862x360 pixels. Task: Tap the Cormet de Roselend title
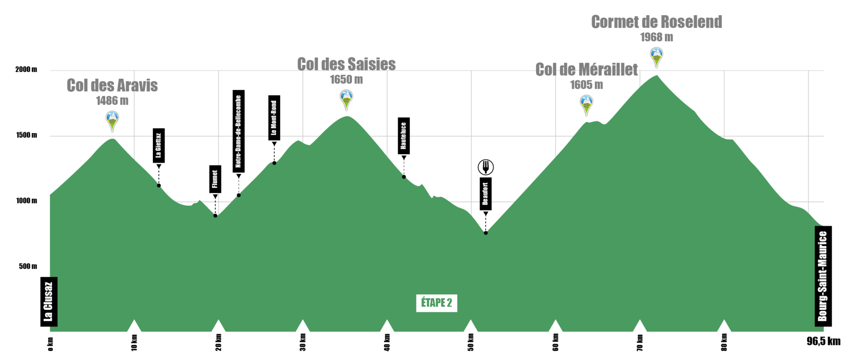pyautogui.click(x=657, y=22)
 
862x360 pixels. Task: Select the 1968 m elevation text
pyautogui.click(x=657, y=37)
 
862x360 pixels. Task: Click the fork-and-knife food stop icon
pyautogui.click(x=486, y=167)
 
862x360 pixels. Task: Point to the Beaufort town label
pyautogui.click(x=486, y=194)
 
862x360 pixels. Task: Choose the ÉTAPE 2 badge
pyautogui.click(x=436, y=303)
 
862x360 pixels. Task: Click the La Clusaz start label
pyautogui.click(x=49, y=301)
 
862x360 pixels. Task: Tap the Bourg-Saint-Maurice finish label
pyautogui.click(x=823, y=276)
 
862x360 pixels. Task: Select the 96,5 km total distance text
pyautogui.click(x=823, y=341)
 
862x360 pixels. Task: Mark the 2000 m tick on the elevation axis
pyautogui.click(x=26, y=69)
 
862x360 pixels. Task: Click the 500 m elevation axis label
pyautogui.click(x=28, y=266)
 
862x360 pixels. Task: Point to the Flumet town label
pyautogui.click(x=215, y=179)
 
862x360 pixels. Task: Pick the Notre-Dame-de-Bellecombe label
pyautogui.click(x=239, y=131)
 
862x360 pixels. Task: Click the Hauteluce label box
pyautogui.click(x=404, y=136)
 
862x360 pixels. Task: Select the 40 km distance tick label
pyautogui.click(x=387, y=342)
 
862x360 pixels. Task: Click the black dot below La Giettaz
pyautogui.click(x=159, y=186)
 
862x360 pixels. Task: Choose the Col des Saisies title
pyautogui.click(x=346, y=64)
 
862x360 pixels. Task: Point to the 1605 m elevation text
pyautogui.click(x=586, y=85)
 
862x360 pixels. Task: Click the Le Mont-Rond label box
pyautogui.click(x=274, y=118)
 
